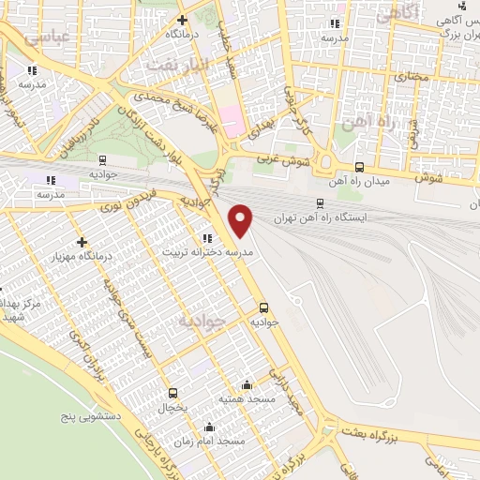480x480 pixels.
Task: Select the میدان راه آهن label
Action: (359, 181)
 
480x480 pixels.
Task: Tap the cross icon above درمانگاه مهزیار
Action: (83, 242)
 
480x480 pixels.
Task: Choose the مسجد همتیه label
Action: (245, 398)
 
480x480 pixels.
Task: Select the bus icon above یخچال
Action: (172, 393)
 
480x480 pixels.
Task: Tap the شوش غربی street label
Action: (279, 162)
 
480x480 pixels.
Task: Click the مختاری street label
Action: (409, 74)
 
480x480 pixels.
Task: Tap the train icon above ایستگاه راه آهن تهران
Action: (320, 202)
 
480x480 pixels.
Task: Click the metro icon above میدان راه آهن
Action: (359, 167)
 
